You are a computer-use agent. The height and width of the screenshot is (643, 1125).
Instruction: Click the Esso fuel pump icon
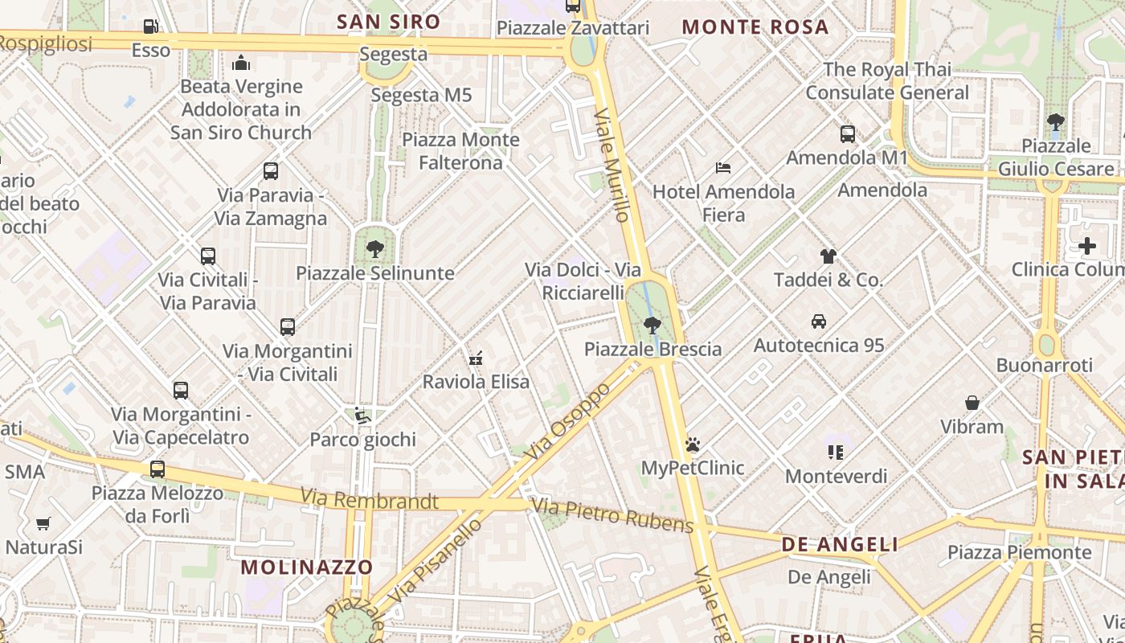pyautogui.click(x=150, y=27)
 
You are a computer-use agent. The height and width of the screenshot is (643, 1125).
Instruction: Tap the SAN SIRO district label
pyautogui.click(x=389, y=22)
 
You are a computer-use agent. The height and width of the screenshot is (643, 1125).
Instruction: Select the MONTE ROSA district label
pyautogui.click(x=755, y=27)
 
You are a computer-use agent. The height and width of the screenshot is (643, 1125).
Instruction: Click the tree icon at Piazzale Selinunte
pyautogui.click(x=374, y=248)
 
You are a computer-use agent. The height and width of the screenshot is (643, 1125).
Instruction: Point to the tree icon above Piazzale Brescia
pyautogui.click(x=652, y=325)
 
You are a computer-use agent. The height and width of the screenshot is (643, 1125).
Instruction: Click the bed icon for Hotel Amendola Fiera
pyautogui.click(x=723, y=168)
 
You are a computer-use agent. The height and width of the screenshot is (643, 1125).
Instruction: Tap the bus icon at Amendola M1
pyautogui.click(x=848, y=133)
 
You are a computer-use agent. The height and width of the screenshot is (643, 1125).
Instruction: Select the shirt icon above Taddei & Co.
pyautogui.click(x=828, y=256)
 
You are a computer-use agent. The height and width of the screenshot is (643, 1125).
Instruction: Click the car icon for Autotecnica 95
pyautogui.click(x=819, y=321)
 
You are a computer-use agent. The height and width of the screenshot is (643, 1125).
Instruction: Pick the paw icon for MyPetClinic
pyautogui.click(x=693, y=444)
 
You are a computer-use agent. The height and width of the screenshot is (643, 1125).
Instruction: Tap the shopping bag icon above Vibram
pyautogui.click(x=972, y=402)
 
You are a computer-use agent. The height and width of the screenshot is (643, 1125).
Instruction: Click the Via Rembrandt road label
pyautogui.click(x=370, y=500)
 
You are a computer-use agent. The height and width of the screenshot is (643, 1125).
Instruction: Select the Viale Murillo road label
pyautogui.click(x=612, y=165)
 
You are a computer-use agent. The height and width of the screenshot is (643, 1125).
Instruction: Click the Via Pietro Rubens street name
pyautogui.click(x=612, y=515)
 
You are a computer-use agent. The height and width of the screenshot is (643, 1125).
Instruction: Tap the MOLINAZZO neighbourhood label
pyautogui.click(x=307, y=567)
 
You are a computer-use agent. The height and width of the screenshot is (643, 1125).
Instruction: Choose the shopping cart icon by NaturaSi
pyautogui.click(x=43, y=524)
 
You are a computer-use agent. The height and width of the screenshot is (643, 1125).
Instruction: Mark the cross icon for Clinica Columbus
pyautogui.click(x=1087, y=245)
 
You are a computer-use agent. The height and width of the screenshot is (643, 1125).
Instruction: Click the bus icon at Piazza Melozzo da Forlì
pyautogui.click(x=157, y=469)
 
